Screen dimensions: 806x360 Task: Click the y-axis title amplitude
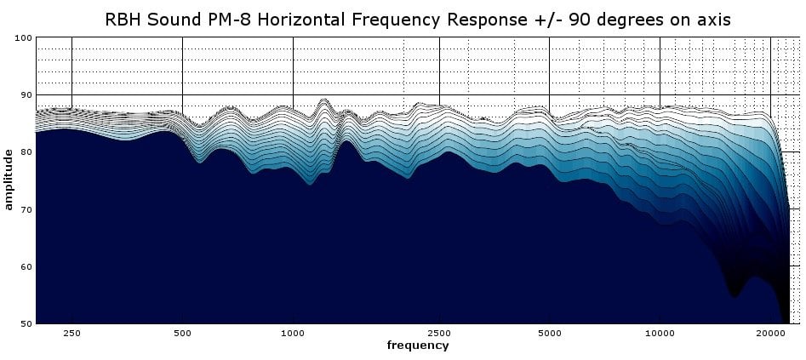(x=9, y=180)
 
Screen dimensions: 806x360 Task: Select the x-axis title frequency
(x=418, y=346)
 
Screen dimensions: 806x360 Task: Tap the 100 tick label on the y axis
(x=26, y=37)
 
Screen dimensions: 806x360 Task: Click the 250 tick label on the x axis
(x=72, y=333)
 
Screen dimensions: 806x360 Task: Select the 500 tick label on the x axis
(x=182, y=333)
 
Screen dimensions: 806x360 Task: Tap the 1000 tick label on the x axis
(x=293, y=333)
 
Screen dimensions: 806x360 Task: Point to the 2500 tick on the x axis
(x=439, y=333)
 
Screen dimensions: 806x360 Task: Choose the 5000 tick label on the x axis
(x=550, y=333)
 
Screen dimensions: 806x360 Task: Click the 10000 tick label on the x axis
(x=660, y=333)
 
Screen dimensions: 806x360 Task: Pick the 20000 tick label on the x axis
(x=770, y=333)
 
